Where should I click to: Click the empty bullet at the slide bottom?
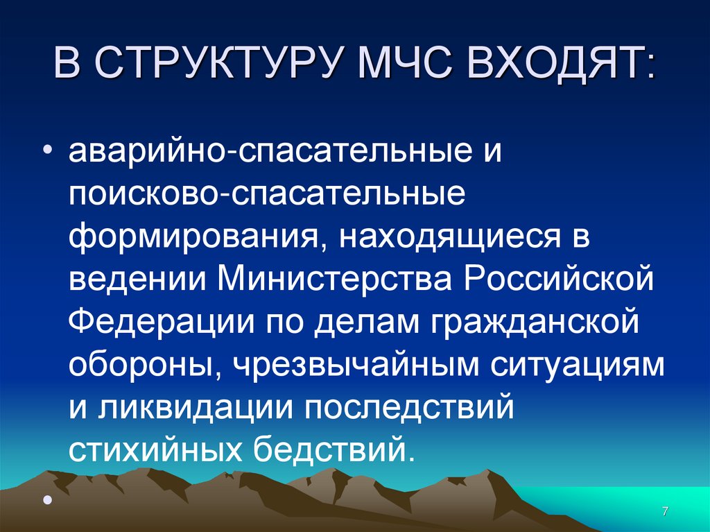[46, 499]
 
